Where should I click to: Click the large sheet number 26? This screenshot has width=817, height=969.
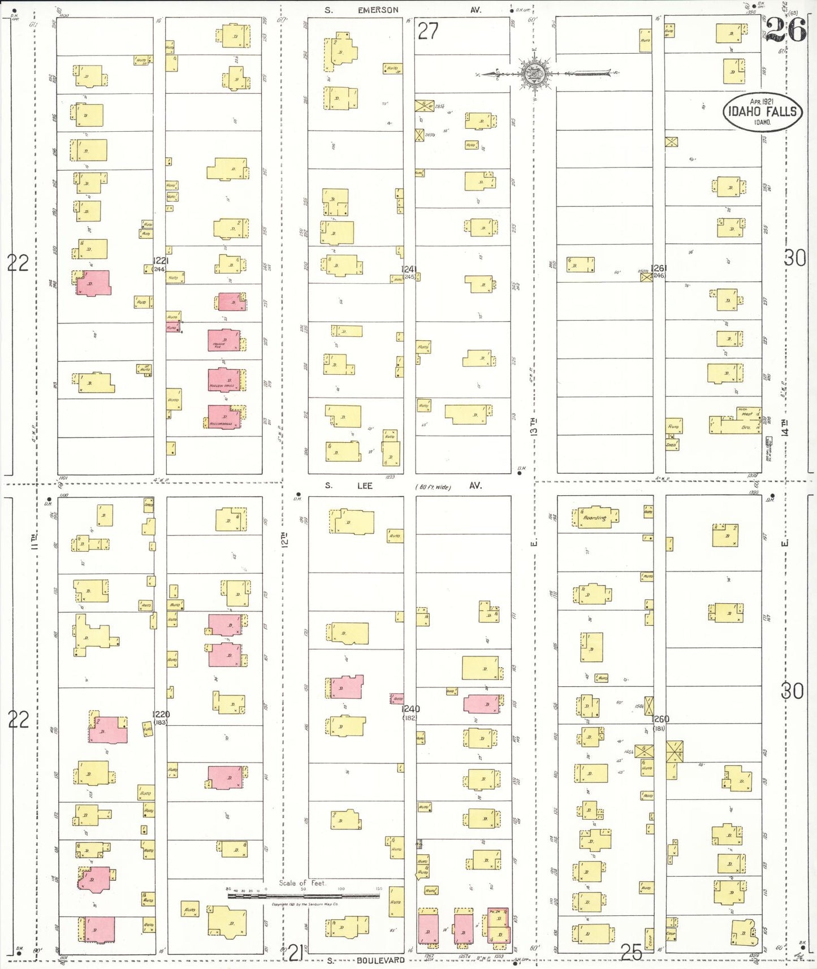tap(785, 29)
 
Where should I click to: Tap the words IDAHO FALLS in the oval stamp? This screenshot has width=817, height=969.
tap(762, 111)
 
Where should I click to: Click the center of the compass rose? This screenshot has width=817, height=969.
tap(534, 73)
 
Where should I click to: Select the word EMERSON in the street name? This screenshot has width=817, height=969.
tap(378, 10)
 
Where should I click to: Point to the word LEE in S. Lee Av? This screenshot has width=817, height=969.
tap(365, 486)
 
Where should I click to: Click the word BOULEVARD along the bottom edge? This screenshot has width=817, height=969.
tap(381, 961)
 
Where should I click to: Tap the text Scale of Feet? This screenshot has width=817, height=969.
tap(302, 883)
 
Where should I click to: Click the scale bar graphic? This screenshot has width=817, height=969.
tap(304, 896)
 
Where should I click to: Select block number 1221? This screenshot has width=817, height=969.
tap(161, 261)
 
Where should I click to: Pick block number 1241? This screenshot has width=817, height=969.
tap(409, 269)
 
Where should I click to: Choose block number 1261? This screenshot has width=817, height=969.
tap(659, 268)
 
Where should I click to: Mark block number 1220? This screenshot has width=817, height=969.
tap(161, 714)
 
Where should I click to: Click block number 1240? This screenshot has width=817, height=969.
tap(410, 709)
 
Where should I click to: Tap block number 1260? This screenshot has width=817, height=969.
tap(660, 719)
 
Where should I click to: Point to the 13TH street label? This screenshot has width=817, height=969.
tap(534, 427)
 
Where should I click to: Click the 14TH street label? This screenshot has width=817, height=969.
tap(784, 427)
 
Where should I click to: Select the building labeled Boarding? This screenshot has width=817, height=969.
tap(594, 517)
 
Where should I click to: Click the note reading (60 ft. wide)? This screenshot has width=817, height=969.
tap(433, 487)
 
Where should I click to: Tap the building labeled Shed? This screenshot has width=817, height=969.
tap(671, 445)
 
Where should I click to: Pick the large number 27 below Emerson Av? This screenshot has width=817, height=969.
tap(427, 31)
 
